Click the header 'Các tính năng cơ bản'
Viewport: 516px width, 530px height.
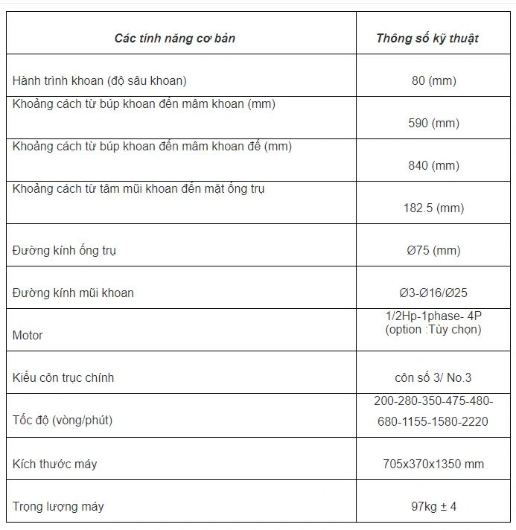coord(175,38)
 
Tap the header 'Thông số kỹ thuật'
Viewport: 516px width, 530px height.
coord(427,38)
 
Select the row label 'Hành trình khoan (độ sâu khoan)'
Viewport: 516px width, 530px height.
coord(99,80)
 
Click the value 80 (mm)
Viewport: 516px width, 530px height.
coord(433,80)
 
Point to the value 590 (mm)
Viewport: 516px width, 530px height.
coord(433,123)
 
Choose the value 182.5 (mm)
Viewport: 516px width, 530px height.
coord(433,208)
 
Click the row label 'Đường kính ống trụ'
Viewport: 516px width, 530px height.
coord(64,250)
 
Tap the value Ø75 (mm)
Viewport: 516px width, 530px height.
coord(433,250)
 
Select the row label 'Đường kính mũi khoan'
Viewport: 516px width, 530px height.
coord(73,293)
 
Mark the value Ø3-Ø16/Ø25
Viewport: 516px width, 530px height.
coord(433,293)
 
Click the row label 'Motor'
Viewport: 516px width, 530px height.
coord(28,335)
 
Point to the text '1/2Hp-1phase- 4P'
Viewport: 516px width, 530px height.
coord(433,316)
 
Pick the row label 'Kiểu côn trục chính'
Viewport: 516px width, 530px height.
coord(63,377)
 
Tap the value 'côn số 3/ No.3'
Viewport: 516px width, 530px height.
coord(433,377)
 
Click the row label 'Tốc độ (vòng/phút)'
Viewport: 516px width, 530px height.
coord(63,420)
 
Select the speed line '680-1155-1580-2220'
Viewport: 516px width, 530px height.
coord(433,421)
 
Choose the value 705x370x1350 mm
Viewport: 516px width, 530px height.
coord(433,464)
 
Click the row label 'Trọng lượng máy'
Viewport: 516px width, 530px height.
coord(58,506)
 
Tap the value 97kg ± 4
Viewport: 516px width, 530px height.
coord(433,506)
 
